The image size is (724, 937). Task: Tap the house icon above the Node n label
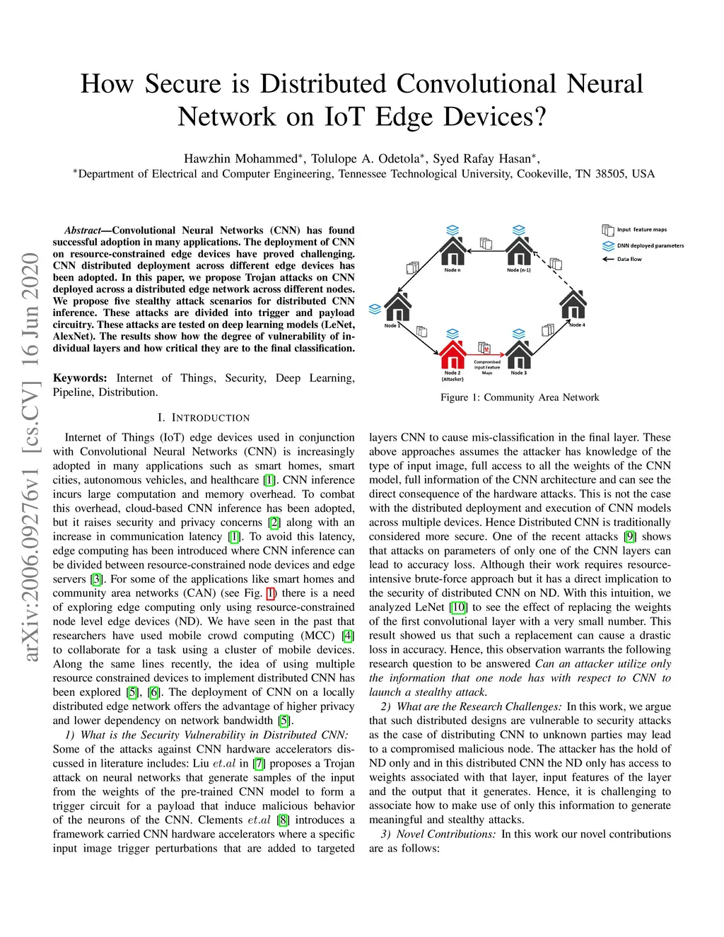pos(452,252)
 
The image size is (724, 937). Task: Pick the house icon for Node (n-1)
pos(519,252)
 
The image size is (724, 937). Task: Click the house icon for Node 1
pos(397,307)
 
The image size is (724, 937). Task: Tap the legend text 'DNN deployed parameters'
pos(650,246)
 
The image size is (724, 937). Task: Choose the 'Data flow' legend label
pos(629,260)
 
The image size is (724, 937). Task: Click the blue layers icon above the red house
pos(452,334)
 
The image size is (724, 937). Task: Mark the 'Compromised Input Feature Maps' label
pos(487,367)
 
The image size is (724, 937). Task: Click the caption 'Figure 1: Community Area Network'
pos(520,397)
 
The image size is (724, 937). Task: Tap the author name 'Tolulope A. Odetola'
pos(365,158)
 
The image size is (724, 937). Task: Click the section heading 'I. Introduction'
pos(204,418)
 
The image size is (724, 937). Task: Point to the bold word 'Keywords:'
pos(80,378)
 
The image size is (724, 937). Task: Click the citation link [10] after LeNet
pos(459,607)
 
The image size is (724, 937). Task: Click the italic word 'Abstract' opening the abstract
pos(83,231)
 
